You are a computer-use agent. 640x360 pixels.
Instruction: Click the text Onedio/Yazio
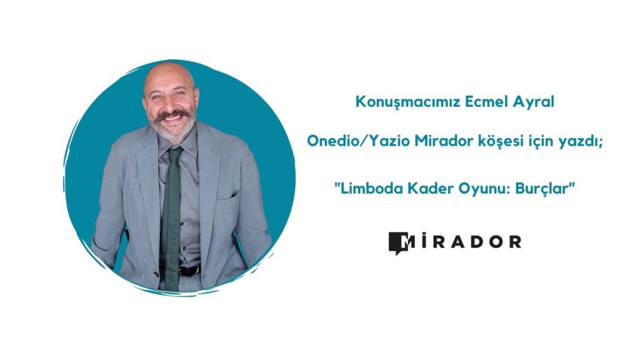click(359, 141)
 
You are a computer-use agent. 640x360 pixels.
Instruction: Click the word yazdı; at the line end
click(582, 142)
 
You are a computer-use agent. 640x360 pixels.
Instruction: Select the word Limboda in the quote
click(368, 189)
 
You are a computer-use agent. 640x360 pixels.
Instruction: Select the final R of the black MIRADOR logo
click(515, 242)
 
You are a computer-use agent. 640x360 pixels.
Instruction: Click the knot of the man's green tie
click(174, 152)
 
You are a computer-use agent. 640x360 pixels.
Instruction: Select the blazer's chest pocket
click(229, 195)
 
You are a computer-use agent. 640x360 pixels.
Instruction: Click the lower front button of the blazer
click(156, 274)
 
